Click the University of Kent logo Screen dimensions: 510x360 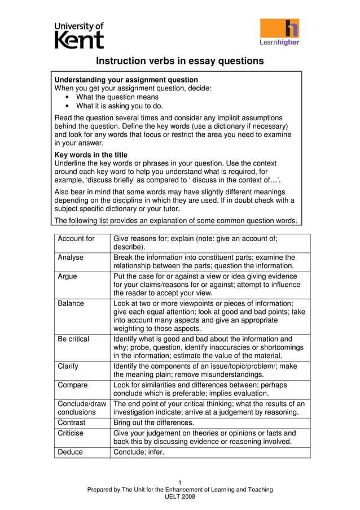tap(79, 35)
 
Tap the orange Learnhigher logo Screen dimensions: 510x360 tap(279, 32)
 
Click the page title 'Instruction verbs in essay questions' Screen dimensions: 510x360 tap(179, 60)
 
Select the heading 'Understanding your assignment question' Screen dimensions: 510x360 tap(126, 80)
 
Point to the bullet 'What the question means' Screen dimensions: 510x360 tap(117, 97)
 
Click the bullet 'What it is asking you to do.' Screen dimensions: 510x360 tap(120, 106)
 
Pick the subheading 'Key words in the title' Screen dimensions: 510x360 tap(91, 155)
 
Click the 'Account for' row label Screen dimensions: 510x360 tap(76, 239)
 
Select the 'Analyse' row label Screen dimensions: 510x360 tap(71, 258)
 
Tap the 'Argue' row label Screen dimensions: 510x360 tap(68, 276)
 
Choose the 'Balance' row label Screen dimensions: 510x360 tap(71, 303)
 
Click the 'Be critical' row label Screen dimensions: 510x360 tap(73, 339)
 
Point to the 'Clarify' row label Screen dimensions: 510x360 tap(68, 366)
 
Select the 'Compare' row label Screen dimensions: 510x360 tap(73, 385)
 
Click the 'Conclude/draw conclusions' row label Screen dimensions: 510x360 tap(81, 408)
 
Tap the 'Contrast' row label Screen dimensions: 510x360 tap(72, 422)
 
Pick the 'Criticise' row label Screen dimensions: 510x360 tap(71, 433)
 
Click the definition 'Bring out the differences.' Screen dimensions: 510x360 tap(153, 422)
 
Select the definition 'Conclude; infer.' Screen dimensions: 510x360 tap(139, 452)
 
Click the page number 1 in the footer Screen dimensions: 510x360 tap(179, 482)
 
